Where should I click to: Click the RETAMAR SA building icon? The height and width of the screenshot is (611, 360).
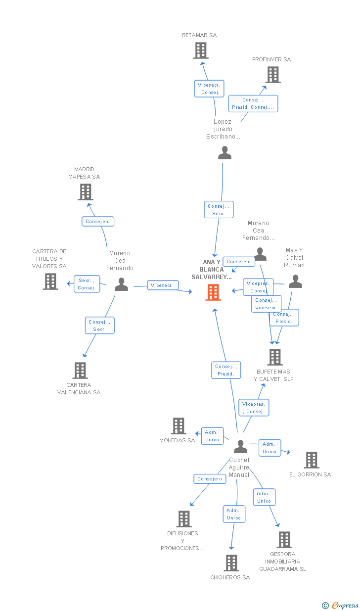[x=200, y=50]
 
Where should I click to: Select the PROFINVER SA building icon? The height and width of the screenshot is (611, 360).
[x=272, y=75]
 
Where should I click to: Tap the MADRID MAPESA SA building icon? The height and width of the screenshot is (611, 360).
[x=86, y=192]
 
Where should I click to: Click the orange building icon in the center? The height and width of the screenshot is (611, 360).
[x=213, y=292]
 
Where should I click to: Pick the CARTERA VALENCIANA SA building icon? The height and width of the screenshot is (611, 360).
[x=80, y=370]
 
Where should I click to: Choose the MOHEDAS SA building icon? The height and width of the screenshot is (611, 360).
[x=179, y=425]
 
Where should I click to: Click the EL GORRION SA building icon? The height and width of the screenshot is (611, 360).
[x=311, y=460]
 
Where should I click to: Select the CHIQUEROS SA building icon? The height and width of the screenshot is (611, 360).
[x=231, y=563]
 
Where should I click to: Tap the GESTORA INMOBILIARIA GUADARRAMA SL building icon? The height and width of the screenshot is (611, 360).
[x=284, y=539]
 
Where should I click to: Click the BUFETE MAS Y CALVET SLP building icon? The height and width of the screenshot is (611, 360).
[x=274, y=357]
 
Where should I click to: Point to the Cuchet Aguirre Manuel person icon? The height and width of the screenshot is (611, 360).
[x=240, y=447]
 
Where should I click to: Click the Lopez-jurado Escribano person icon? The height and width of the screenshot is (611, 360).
[x=225, y=153]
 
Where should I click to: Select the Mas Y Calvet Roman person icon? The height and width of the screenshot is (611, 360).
[x=295, y=282]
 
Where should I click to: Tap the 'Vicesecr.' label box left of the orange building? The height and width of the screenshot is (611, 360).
[x=163, y=285]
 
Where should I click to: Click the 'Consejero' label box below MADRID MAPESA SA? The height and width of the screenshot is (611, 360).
[x=98, y=221]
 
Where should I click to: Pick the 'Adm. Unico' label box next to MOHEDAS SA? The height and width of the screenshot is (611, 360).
[x=212, y=436]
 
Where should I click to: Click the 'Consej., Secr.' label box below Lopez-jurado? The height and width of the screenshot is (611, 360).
[x=219, y=210]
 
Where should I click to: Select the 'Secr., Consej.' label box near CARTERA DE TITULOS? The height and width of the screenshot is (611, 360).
[x=87, y=284]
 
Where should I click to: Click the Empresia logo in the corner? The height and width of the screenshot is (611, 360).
[x=341, y=605]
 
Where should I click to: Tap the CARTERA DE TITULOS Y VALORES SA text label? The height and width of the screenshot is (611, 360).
[x=49, y=259]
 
